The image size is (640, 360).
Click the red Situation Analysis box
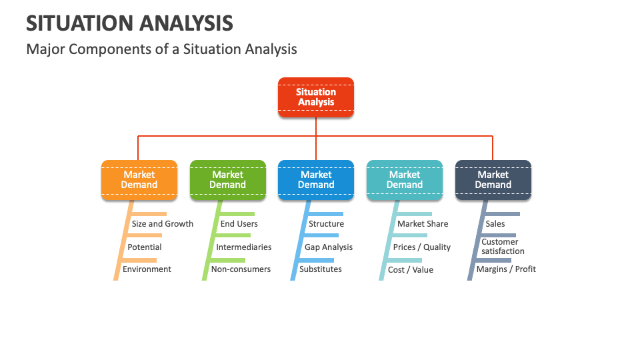[x=316, y=97]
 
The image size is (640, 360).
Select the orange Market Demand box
[x=139, y=180]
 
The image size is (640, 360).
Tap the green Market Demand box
[x=228, y=180]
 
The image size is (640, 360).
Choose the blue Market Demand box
[x=316, y=180]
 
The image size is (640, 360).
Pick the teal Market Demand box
[x=405, y=180]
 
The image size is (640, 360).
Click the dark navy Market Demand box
[x=493, y=180]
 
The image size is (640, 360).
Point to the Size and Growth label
[x=163, y=224]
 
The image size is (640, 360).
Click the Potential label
[x=145, y=247]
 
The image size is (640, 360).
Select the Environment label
[x=147, y=269]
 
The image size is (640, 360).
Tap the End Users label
[x=239, y=224]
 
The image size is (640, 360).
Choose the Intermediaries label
[x=244, y=247]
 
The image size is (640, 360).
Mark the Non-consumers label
[x=241, y=269]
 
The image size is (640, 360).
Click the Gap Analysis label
[x=329, y=247]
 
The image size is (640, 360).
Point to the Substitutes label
[x=321, y=269]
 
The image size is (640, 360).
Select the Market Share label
[x=423, y=224]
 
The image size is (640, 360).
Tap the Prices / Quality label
[x=422, y=247]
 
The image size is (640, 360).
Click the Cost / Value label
[x=411, y=270]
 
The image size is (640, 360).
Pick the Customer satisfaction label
[x=503, y=247]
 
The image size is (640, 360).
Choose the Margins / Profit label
[x=506, y=269]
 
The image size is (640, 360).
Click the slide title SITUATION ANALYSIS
[x=129, y=23]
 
